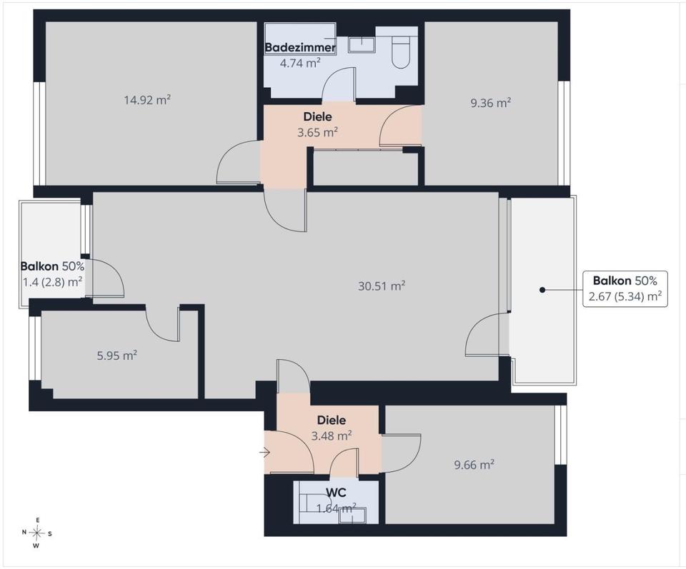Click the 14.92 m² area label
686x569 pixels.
[x=147, y=100]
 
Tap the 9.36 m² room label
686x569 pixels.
[x=491, y=103]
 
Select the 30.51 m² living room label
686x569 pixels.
[x=382, y=286]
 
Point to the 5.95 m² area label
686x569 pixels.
[x=116, y=356]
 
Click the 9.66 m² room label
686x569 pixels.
[x=474, y=465]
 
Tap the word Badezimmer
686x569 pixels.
[x=301, y=47]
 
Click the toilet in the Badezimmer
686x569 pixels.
[x=400, y=52]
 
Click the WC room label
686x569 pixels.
[x=336, y=493]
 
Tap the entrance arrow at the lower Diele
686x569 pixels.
[x=264, y=453]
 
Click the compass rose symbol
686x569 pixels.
[x=38, y=533]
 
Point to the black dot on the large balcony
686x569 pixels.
[x=542, y=290]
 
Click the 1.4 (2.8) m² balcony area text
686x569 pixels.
[x=52, y=282]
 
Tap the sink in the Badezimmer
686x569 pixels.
[x=362, y=44]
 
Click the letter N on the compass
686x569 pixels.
[x=24, y=533]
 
